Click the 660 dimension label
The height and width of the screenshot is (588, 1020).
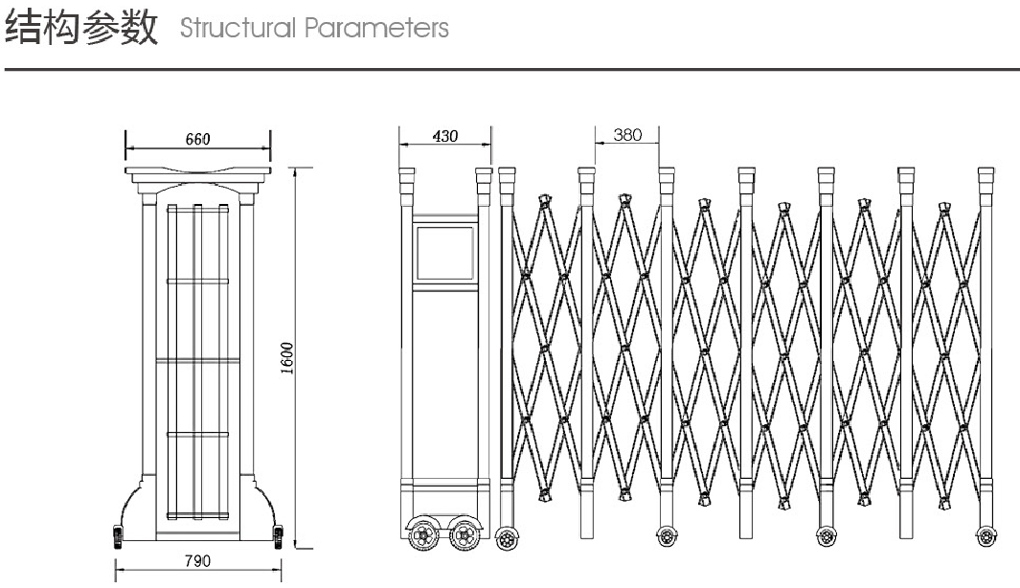(x=197, y=139)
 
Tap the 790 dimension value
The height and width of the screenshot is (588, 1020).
(x=196, y=560)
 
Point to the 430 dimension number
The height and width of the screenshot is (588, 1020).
(x=444, y=136)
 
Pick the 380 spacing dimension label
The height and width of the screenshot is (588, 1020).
(x=626, y=135)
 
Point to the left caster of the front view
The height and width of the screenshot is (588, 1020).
(x=118, y=535)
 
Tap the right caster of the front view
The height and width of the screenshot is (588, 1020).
(x=278, y=535)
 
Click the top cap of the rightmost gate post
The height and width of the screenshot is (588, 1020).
(x=986, y=177)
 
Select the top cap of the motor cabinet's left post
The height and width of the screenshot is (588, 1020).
(x=407, y=177)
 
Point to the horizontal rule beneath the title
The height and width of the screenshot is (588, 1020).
(x=510, y=69)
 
